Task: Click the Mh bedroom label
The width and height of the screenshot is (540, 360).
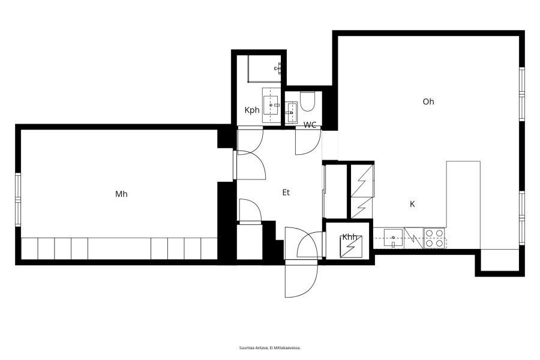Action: [x=121, y=194]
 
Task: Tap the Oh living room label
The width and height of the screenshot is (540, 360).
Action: [x=428, y=101]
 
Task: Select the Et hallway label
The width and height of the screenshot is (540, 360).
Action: [x=286, y=193]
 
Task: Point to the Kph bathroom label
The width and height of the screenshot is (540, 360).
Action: [x=252, y=110]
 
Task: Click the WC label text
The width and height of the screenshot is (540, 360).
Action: [x=310, y=125]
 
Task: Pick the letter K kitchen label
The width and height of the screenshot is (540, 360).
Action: [x=412, y=204]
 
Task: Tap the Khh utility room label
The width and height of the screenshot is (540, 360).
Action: [x=350, y=237]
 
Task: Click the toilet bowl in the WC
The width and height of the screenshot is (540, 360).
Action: [x=307, y=101]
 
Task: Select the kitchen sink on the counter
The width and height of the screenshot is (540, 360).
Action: [x=393, y=238]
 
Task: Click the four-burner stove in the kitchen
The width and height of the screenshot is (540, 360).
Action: [x=434, y=238]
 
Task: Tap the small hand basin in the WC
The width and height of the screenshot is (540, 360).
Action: [x=292, y=112]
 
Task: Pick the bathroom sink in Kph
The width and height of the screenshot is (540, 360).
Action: [x=271, y=105]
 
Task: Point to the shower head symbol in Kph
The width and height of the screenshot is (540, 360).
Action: [x=278, y=68]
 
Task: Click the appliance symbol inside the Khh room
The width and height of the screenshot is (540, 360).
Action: [x=351, y=247]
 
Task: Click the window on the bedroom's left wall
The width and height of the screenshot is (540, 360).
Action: [x=18, y=199]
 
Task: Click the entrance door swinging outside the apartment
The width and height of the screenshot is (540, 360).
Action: [x=301, y=278]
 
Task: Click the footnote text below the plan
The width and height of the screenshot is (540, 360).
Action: [x=270, y=347]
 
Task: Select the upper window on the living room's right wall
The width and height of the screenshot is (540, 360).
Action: [x=522, y=94]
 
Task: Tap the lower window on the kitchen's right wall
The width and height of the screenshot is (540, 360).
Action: [x=522, y=218]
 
